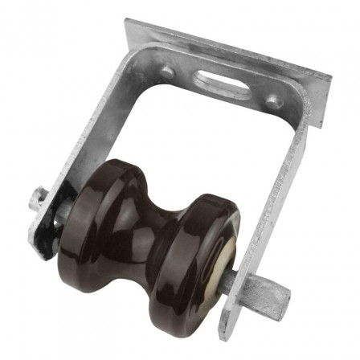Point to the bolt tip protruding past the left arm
pyautogui.click(x=35, y=197)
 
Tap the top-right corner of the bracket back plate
pyautogui.click(x=329, y=79)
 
